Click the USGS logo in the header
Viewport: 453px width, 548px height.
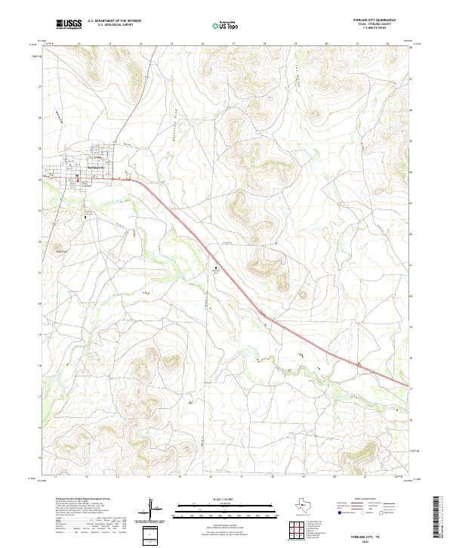point(69,24)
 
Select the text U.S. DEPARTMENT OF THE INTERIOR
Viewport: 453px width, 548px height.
point(114,21)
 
